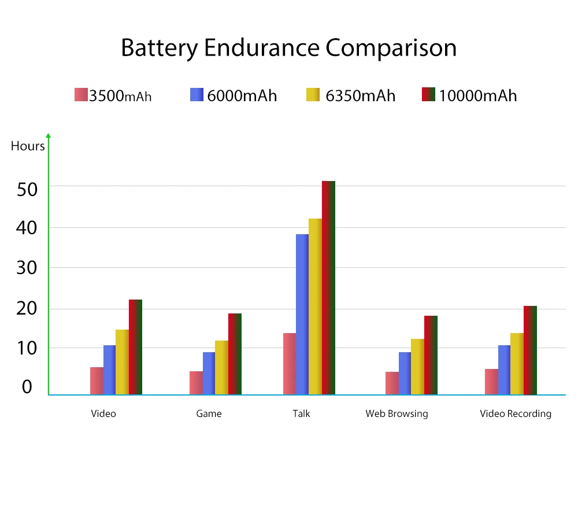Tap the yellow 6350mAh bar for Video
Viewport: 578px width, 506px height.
click(x=122, y=362)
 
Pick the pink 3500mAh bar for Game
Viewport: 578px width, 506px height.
click(x=196, y=383)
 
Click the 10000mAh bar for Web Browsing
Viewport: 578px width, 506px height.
click(x=431, y=355)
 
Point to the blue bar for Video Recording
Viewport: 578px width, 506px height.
click(x=505, y=370)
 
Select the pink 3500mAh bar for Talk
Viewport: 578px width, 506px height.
click(x=290, y=364)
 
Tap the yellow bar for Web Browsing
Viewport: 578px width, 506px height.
click(x=417, y=367)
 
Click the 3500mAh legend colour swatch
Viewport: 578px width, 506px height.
click(x=81, y=95)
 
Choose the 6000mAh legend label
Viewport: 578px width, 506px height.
click(x=242, y=95)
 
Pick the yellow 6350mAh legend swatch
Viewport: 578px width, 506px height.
click(x=313, y=95)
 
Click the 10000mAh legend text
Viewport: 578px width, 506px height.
click(x=477, y=95)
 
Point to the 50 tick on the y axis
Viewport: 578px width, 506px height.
click(x=28, y=189)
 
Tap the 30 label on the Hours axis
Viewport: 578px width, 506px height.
click(x=28, y=268)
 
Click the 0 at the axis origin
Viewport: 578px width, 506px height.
click(x=27, y=387)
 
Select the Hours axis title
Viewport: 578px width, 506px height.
click(x=28, y=146)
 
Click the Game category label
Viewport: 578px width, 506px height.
click(x=209, y=413)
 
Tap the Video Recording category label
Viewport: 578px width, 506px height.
click(x=516, y=413)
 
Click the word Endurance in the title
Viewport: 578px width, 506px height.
click(x=262, y=48)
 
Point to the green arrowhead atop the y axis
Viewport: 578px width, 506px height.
click(x=49, y=136)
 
